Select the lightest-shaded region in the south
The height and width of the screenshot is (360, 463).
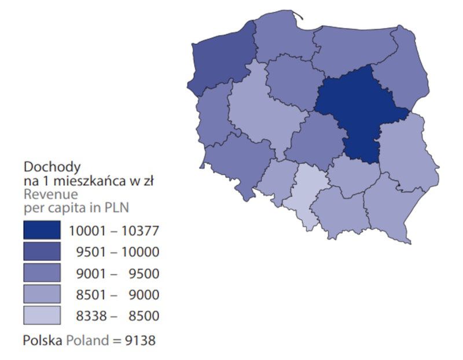click(x=310, y=194)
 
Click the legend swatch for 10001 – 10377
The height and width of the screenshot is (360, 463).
click(x=42, y=230)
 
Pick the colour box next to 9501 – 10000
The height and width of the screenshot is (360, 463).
click(x=42, y=252)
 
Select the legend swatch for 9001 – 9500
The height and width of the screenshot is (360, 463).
click(x=42, y=273)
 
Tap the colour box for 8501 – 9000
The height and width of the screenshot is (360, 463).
click(x=42, y=295)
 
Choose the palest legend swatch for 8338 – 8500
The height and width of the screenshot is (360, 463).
click(x=42, y=315)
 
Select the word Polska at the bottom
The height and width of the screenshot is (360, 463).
click(x=42, y=340)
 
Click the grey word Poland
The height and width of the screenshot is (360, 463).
click(x=86, y=340)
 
